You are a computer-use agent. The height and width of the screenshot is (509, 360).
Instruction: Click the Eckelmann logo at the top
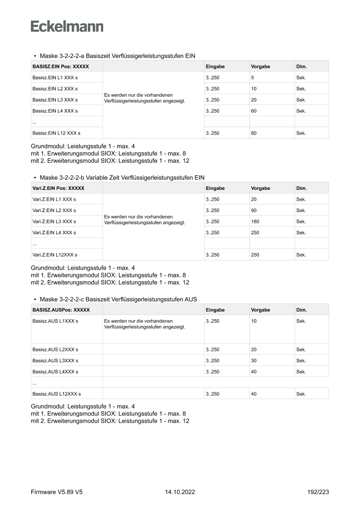coord(67,26)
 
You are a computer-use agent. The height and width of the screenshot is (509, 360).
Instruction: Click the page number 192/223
coord(318,492)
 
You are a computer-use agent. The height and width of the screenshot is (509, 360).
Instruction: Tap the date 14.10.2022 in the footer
coord(180,492)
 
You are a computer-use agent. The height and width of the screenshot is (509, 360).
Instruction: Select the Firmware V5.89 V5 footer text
coord(57,492)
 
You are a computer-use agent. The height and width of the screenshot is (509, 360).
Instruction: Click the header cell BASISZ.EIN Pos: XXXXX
coord(61,67)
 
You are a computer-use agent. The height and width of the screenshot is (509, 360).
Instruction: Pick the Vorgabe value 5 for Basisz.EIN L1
coord(252,78)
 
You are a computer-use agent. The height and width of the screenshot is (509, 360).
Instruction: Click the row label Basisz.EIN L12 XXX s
coord(57,133)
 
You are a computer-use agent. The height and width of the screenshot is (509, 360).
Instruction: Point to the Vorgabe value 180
coord(255,222)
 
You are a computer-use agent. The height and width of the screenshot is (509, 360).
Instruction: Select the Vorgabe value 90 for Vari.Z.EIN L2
coord(254,211)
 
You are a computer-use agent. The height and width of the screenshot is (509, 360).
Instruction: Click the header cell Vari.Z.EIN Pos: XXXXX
coord(58,189)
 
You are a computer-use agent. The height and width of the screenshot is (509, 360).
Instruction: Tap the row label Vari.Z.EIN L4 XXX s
coord(54,233)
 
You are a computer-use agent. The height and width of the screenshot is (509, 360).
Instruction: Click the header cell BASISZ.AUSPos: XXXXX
coord(61,310)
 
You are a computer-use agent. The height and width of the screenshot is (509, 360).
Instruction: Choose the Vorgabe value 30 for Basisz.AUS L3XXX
coord(254,361)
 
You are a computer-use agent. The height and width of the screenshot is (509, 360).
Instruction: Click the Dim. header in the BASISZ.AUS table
coord(301,310)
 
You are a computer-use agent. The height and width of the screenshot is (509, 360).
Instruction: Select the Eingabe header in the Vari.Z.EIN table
coord(215,189)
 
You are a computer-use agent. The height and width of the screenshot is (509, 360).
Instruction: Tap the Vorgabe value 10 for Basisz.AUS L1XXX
coord(254,321)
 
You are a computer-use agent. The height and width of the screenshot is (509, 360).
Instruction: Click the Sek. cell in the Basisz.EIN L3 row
coord(301,100)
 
